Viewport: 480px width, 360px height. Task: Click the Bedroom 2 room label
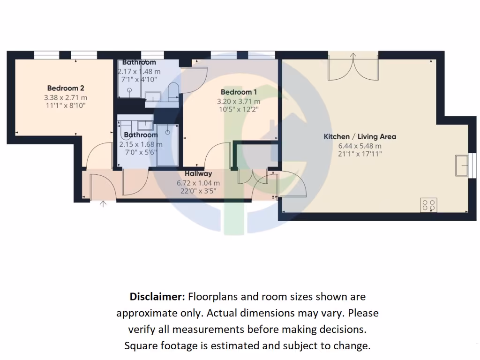(x=66, y=88)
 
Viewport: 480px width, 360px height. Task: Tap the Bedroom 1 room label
(x=239, y=92)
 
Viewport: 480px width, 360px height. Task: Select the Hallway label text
(x=198, y=174)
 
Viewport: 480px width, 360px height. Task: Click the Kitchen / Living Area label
(x=360, y=137)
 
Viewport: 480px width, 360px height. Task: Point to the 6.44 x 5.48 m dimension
(x=360, y=146)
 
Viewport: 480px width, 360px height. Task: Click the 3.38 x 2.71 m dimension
(x=66, y=97)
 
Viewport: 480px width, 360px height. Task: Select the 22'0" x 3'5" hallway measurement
(x=198, y=191)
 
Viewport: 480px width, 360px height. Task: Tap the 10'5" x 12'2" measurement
(x=239, y=110)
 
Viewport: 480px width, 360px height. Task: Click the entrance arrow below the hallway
(x=104, y=203)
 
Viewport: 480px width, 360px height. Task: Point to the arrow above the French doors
(x=353, y=56)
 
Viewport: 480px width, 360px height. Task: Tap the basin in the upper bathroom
(x=153, y=97)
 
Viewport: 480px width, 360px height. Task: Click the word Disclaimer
(x=157, y=297)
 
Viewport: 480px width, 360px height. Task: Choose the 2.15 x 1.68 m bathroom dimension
(x=141, y=145)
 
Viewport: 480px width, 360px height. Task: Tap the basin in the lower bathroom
(x=145, y=125)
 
